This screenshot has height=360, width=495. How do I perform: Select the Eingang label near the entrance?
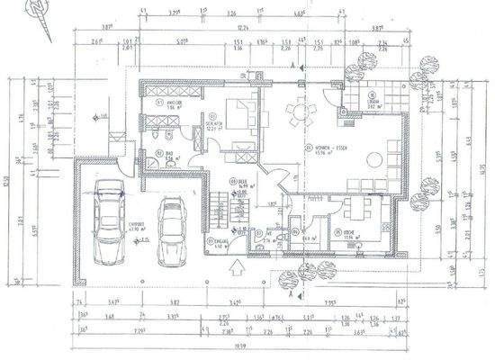(x=214, y=241)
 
